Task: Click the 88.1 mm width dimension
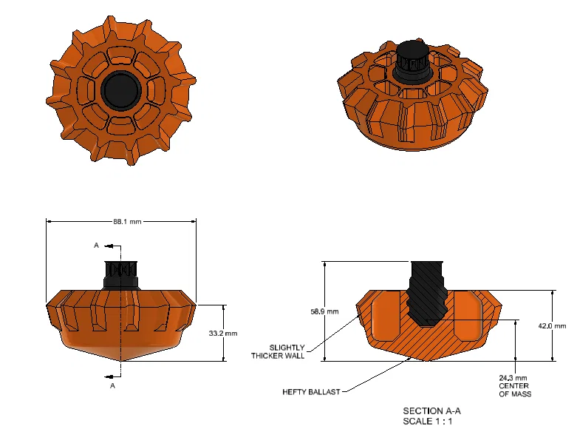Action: (x=127, y=222)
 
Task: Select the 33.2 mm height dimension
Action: (x=223, y=334)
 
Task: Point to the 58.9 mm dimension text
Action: (x=324, y=311)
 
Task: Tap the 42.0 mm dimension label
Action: (x=552, y=326)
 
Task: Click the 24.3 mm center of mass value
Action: (x=513, y=378)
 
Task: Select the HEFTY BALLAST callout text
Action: (x=311, y=392)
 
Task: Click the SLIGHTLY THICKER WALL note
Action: (x=279, y=352)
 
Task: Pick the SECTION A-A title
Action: (x=431, y=411)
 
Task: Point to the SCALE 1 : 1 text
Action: (x=428, y=422)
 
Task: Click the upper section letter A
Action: (x=96, y=246)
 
